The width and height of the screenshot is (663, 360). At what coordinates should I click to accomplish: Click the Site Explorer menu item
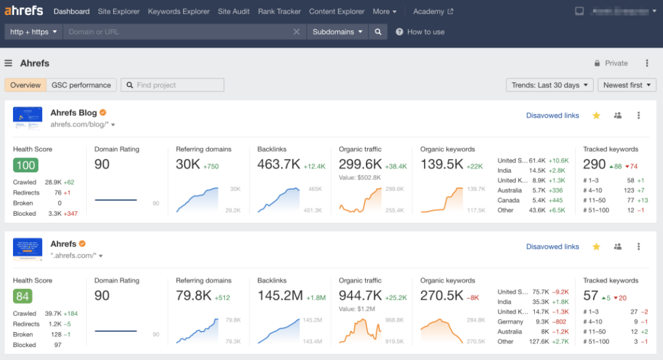(118, 12)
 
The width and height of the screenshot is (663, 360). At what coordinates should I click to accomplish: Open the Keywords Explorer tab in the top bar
(179, 12)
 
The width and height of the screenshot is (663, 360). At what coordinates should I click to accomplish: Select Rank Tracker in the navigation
(279, 12)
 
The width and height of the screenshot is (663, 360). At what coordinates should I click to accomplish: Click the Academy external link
(433, 12)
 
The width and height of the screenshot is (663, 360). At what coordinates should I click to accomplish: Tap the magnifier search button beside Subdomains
(378, 32)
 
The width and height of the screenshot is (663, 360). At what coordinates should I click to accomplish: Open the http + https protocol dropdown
(33, 32)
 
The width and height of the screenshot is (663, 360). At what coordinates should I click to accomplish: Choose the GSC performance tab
(81, 85)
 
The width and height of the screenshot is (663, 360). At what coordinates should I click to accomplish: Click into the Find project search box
(173, 85)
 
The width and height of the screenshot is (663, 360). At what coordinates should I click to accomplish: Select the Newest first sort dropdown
(627, 85)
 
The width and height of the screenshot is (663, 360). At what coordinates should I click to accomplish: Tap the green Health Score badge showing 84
(23, 296)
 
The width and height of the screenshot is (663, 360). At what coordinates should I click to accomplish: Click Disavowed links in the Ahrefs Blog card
(552, 115)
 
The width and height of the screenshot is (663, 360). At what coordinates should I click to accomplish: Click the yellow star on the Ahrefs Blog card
(596, 115)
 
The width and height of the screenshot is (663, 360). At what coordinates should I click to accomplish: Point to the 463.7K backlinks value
(278, 164)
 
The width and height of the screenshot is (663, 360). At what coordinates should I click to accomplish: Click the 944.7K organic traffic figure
(360, 296)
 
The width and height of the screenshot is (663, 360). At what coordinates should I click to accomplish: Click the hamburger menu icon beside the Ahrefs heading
(8, 63)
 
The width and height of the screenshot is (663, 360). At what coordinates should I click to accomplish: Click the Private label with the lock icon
(611, 63)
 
